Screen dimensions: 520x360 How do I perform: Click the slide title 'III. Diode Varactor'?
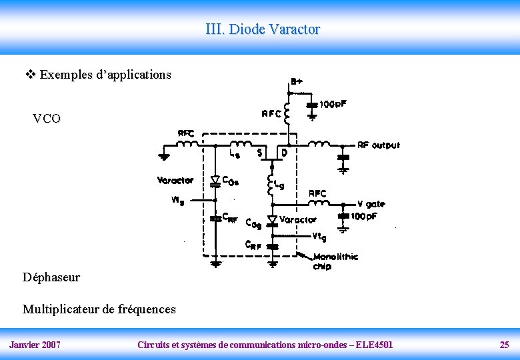263,29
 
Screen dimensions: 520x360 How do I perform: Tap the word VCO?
47,119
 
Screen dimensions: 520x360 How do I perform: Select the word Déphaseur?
51,277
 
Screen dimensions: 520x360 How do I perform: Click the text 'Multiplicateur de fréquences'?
99,309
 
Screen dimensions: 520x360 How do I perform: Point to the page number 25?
504,345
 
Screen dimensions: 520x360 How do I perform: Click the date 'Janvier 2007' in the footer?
35,345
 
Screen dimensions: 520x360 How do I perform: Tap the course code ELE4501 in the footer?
374,345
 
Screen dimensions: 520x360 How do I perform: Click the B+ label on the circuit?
297,81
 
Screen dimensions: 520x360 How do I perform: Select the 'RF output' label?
379,145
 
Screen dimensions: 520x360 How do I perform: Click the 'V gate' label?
371,204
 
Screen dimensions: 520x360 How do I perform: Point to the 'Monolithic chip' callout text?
335,261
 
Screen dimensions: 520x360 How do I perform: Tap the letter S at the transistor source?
259,153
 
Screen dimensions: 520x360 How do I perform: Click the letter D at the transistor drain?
284,153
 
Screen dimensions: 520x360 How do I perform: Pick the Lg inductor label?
279,185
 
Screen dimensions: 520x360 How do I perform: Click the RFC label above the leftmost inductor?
185,133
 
